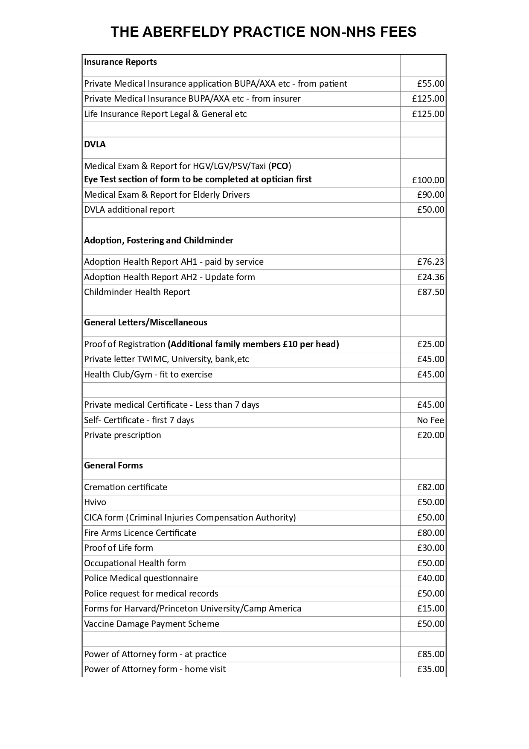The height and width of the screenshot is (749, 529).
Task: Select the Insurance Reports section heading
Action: coord(120,62)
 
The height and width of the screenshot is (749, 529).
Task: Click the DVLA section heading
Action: coord(95,144)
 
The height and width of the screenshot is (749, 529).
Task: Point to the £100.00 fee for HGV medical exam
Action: coord(428,180)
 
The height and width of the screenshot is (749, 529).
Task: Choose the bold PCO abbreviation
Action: coord(280,166)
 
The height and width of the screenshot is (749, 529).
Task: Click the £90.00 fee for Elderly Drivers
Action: coord(430,195)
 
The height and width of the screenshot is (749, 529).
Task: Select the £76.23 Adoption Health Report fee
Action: coord(430,262)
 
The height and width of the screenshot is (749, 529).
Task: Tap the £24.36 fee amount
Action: coord(430,277)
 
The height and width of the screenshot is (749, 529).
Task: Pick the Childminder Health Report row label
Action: coord(137,292)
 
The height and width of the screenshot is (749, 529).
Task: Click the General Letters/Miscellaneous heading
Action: coord(145,322)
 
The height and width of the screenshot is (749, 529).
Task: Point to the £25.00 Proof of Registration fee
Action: coord(430,344)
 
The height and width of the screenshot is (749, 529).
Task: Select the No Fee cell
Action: coord(430,420)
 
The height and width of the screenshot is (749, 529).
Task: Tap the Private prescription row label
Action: coord(122,435)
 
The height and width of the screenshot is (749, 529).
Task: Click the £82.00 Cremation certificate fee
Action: coord(430,487)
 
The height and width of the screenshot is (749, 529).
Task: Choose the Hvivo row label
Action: coord(95,502)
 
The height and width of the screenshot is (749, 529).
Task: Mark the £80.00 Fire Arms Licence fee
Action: coord(430,533)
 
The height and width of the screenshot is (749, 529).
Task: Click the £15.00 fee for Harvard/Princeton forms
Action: coord(430,609)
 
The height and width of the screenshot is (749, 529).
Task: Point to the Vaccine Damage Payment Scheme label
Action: coord(151,624)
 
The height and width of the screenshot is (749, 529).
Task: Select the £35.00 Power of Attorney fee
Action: coord(430,669)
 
